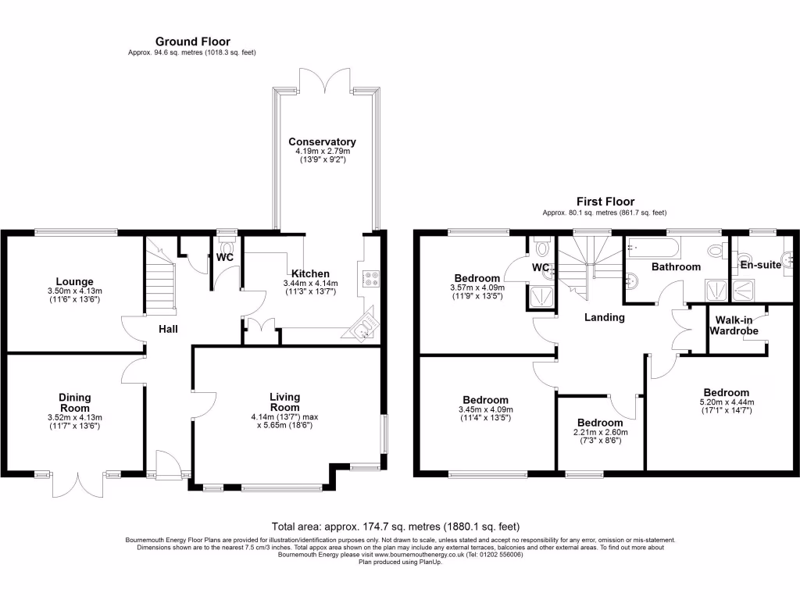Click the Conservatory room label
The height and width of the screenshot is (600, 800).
pyautogui.click(x=322, y=141)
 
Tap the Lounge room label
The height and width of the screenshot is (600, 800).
pyautogui.click(x=75, y=281)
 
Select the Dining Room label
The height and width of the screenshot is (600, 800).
pyautogui.click(x=75, y=402)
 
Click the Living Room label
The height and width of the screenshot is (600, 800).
pyautogui.click(x=285, y=402)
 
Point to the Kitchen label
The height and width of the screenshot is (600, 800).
pyautogui.click(x=310, y=273)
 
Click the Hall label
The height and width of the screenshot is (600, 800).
pyautogui.click(x=168, y=329)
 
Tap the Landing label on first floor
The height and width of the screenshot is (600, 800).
pyautogui.click(x=605, y=317)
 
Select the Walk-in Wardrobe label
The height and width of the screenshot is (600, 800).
pyautogui.click(x=734, y=326)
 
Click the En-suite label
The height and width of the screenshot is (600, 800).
pyautogui.click(x=759, y=265)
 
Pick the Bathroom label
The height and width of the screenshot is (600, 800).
pyautogui.click(x=677, y=266)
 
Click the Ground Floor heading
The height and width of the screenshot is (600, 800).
pyautogui.click(x=192, y=41)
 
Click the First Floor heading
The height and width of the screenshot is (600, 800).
pyautogui.click(x=605, y=202)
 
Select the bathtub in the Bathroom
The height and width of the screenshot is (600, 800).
pyautogui.click(x=653, y=248)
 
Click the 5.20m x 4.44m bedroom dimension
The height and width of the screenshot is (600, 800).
pyautogui.click(x=726, y=404)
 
